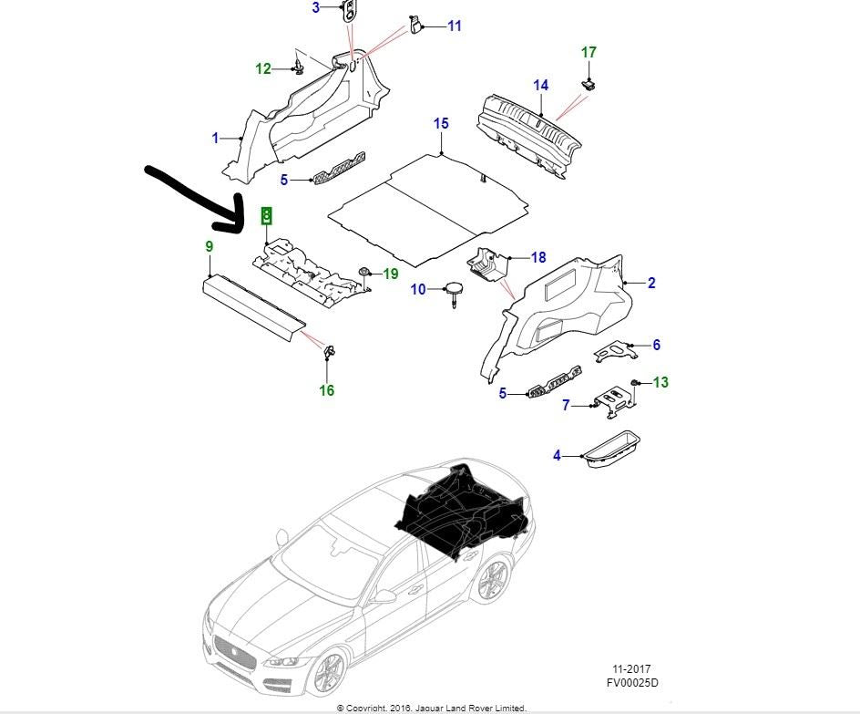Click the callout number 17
[589, 53]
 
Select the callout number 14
[541, 86]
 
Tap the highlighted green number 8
[266, 215]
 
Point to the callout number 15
[441, 123]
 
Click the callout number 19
[390, 274]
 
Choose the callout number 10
[418, 290]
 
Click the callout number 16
[326, 390]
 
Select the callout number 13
[660, 382]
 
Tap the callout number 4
[557, 455]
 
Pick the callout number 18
[537, 258]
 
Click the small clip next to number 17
[589, 84]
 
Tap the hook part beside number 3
[350, 11]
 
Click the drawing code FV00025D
[633, 682]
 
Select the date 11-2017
[632, 668]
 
